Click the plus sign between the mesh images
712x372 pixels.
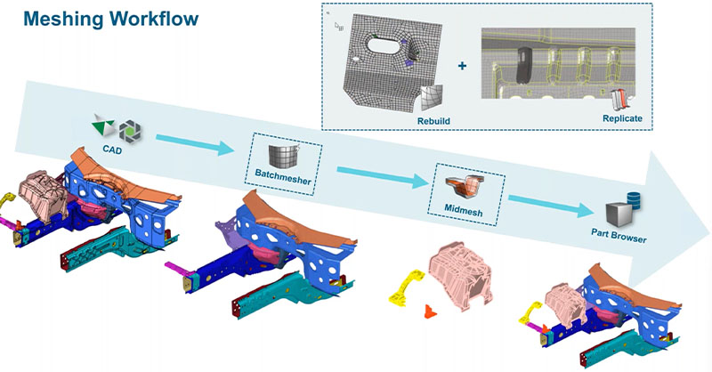pyautogui.click(x=461, y=66)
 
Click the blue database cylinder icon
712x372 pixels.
pyautogui.click(x=635, y=199)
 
